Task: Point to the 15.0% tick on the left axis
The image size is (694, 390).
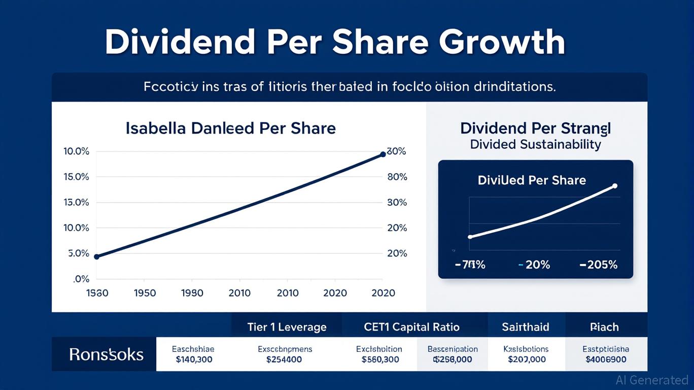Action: click(76, 177)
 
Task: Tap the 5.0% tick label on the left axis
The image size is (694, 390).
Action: click(79, 253)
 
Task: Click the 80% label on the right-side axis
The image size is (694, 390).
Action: click(397, 177)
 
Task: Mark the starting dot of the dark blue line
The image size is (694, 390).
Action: click(97, 256)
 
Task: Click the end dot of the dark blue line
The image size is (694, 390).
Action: click(383, 154)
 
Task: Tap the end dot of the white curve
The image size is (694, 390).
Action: click(615, 186)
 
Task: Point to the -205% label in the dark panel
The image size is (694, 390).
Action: click(599, 265)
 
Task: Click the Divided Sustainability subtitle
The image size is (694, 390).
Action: click(535, 144)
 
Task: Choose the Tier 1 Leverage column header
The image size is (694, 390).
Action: click(287, 327)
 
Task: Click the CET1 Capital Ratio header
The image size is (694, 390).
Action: click(411, 327)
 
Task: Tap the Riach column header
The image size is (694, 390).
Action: click(604, 327)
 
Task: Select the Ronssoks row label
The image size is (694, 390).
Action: click(106, 354)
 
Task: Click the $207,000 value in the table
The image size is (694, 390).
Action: click(526, 360)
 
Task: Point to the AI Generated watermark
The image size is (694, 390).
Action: click(651, 380)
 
